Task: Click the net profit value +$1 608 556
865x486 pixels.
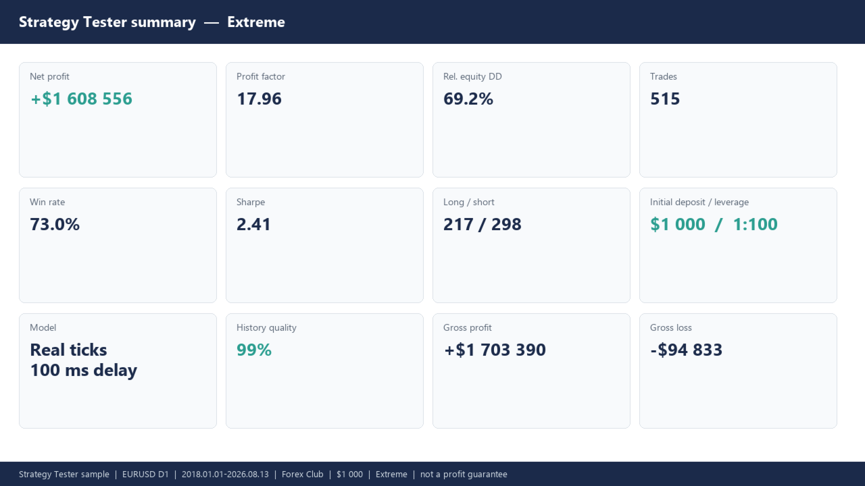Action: [x=82, y=99]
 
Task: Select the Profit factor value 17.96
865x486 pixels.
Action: [x=259, y=99]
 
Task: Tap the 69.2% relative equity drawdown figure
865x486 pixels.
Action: [x=468, y=99]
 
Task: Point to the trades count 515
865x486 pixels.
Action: [x=665, y=99]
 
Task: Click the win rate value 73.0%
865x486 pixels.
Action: [x=55, y=225]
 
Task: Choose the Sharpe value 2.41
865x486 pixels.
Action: [x=253, y=225]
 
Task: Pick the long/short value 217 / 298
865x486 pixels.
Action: [x=483, y=225]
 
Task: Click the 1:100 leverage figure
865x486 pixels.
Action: [x=756, y=225]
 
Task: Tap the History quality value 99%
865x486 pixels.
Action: [x=254, y=350]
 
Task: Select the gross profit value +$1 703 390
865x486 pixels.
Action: [x=495, y=350]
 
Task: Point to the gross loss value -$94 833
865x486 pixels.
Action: [x=686, y=350]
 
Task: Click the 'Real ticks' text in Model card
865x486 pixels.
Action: [x=69, y=350]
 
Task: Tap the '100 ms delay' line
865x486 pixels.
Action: [x=84, y=371]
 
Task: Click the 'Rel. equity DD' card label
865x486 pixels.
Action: [x=472, y=76]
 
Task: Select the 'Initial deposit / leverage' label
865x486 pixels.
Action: [x=699, y=202]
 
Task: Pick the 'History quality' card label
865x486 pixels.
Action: [x=266, y=327]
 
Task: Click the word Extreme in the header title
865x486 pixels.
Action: [x=256, y=22]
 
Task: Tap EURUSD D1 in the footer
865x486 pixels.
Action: [x=145, y=474]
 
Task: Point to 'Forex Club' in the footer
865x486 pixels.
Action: [x=302, y=474]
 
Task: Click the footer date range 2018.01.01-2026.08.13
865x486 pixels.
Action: [x=225, y=474]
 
